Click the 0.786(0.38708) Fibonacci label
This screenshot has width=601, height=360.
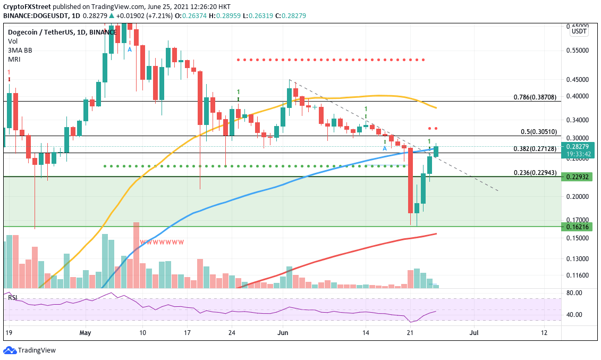coord(535,97)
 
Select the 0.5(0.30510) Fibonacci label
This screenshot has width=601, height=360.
coord(538,132)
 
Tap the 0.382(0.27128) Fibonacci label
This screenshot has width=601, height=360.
coord(535,149)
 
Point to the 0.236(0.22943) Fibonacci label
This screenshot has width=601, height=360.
coord(535,173)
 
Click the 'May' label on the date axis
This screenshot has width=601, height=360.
coord(86,332)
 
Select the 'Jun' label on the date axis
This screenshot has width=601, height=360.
coord(283,332)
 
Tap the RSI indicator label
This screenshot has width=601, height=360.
coord(13,298)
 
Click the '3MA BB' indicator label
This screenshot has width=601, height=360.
coord(19,50)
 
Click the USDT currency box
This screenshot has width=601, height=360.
coord(578,31)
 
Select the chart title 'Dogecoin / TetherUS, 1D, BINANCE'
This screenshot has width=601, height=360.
coord(62,32)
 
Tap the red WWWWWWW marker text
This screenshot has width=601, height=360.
coord(162,242)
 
